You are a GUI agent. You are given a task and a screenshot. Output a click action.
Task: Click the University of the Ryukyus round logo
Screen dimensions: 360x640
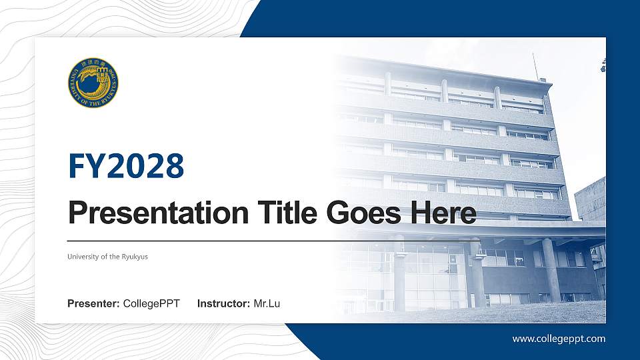click(x=93, y=83)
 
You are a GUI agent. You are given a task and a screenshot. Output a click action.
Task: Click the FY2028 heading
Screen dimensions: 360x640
click(x=126, y=166)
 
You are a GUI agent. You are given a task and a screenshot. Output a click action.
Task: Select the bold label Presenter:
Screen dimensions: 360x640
click(x=93, y=304)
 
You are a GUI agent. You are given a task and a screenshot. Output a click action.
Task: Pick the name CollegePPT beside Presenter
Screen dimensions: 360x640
click(x=151, y=304)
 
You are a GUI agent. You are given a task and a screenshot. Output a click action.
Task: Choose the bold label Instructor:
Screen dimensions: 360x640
click(x=224, y=304)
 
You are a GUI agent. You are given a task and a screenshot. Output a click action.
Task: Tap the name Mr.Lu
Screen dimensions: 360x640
click(x=267, y=304)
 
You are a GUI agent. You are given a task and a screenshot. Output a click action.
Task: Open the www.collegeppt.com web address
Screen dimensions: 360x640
click(x=559, y=339)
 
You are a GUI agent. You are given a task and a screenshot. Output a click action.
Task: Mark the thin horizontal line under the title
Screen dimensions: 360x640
click(x=267, y=240)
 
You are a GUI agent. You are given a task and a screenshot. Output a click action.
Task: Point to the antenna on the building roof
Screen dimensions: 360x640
click(x=535, y=66)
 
